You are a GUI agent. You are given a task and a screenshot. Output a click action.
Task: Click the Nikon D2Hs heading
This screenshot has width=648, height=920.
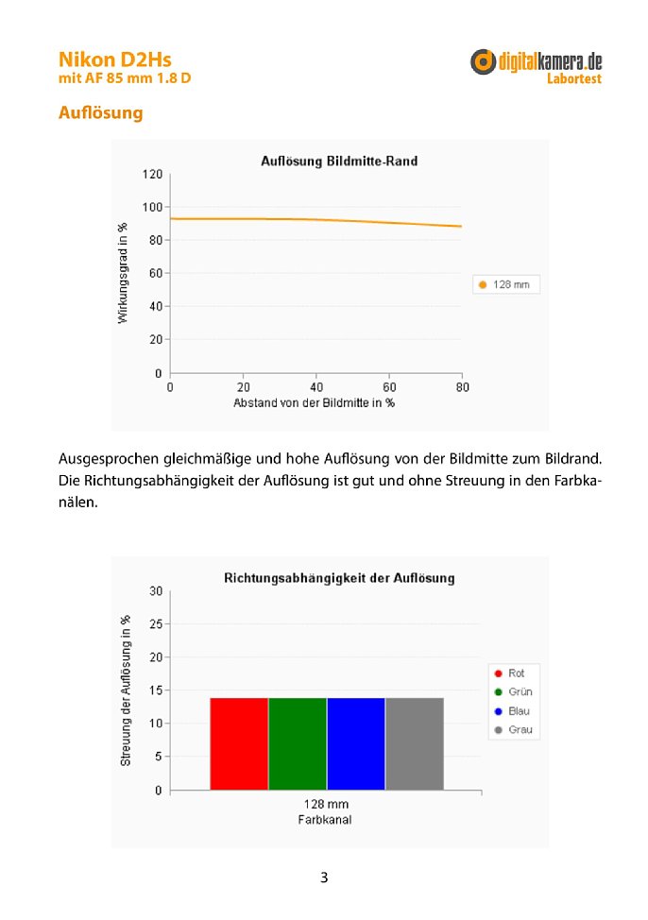coord(115,60)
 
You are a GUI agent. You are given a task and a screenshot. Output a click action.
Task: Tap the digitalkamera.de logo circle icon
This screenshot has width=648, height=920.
coord(483,61)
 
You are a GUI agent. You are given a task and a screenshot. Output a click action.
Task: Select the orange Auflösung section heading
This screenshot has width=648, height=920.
coord(100,112)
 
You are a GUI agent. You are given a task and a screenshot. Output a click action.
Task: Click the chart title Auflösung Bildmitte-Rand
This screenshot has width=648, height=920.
coord(339,161)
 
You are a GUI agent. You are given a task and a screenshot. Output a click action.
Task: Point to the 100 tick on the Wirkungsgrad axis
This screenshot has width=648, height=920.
coord(152,207)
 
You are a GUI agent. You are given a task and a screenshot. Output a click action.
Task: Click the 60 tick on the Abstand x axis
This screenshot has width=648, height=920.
coord(389,387)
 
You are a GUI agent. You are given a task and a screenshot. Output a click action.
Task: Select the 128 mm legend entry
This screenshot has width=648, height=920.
coord(505,284)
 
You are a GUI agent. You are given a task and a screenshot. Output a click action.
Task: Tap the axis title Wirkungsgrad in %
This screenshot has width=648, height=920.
coord(122,273)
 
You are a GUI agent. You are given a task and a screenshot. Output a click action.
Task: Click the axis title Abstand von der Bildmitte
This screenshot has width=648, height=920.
coord(314,403)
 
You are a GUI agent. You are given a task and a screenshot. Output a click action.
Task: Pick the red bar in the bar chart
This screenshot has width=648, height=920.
coord(239,744)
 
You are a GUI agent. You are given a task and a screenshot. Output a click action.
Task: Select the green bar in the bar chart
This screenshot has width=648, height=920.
coord(298,744)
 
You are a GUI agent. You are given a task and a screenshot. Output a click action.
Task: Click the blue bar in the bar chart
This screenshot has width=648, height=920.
coord(356,744)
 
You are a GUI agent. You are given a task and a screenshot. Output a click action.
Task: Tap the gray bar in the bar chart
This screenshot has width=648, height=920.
coord(415,744)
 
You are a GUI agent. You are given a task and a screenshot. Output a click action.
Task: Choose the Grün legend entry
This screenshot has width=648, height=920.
coord(514,691)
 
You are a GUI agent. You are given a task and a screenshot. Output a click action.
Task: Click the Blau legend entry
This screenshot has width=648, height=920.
coord(512,711)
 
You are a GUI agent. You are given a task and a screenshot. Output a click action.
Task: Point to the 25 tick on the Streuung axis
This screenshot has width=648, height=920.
coord(156,624)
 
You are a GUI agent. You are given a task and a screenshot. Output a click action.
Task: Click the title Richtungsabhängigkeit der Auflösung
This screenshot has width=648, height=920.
coord(339,578)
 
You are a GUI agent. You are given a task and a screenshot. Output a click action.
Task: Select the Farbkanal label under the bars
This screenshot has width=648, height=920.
coord(325,820)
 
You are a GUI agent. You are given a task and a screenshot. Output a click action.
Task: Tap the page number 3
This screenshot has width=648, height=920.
coord(324,877)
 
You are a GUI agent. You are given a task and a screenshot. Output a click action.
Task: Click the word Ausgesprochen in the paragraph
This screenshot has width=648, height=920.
coord(109,459)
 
